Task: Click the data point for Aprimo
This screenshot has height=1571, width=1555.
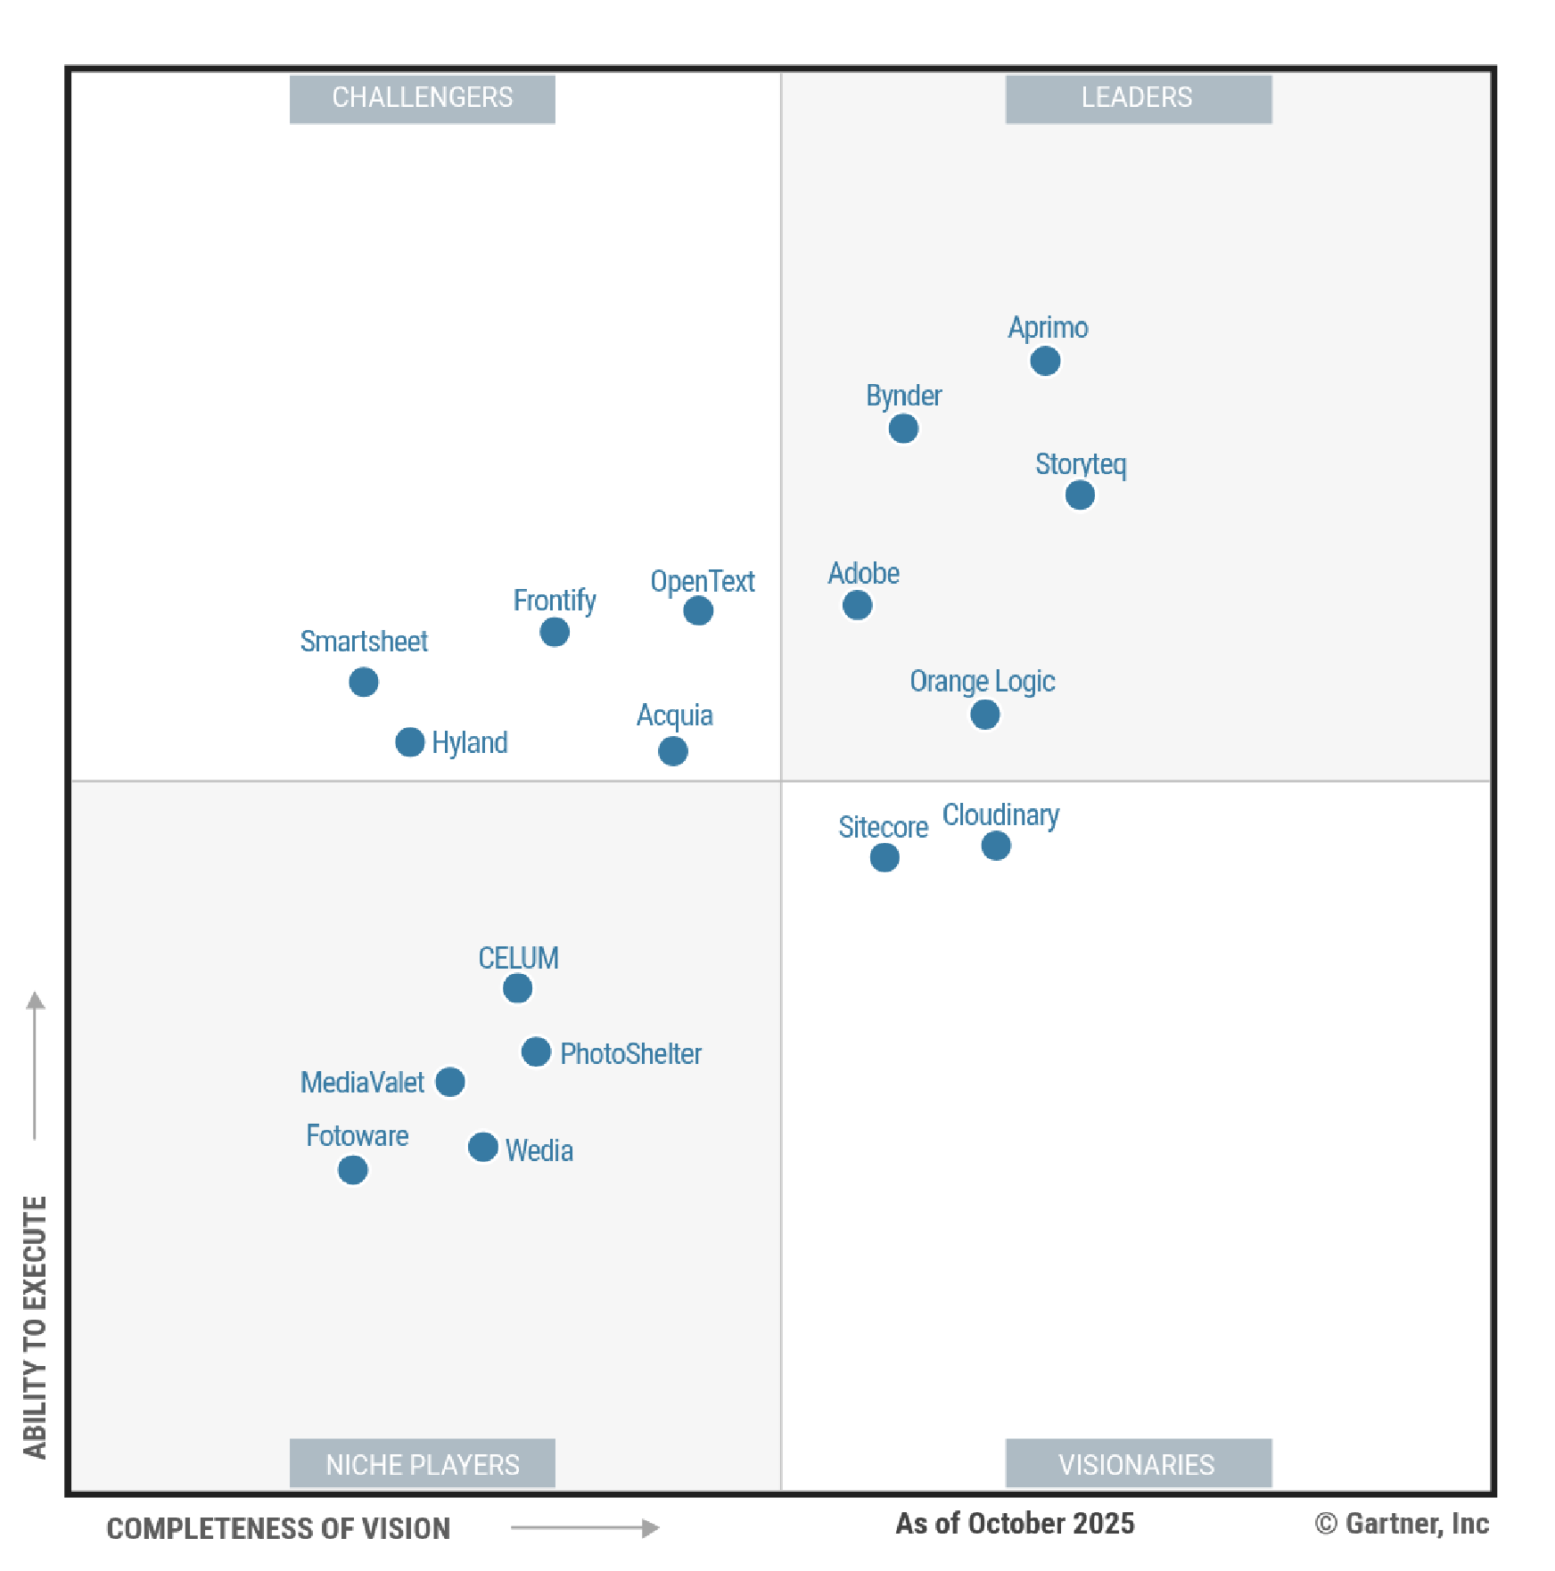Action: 1045,361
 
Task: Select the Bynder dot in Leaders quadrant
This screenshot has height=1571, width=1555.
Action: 903,429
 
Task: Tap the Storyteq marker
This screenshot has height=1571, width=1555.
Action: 1080,495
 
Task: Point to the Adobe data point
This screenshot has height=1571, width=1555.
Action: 857,605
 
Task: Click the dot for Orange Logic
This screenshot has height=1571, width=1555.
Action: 984,714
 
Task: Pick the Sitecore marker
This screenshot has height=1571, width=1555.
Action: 884,857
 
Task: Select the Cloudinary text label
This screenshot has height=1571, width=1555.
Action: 1000,814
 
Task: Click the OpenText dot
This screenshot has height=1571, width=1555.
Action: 698,610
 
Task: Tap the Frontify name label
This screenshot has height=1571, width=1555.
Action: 554,601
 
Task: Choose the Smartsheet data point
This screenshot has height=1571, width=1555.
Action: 363,682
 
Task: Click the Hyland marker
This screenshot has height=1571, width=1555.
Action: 409,741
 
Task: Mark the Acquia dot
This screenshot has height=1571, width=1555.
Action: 672,751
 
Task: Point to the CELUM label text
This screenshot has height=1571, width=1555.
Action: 518,958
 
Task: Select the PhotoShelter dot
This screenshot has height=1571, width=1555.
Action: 536,1051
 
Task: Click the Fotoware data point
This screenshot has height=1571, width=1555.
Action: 352,1169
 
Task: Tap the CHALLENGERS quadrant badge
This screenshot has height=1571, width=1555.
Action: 422,98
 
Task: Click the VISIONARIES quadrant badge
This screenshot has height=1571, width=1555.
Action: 1138,1464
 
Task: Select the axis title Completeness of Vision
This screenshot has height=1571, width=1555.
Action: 278,1528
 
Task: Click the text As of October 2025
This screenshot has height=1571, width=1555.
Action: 1015,1524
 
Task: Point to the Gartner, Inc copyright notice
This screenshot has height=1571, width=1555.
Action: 1402,1524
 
